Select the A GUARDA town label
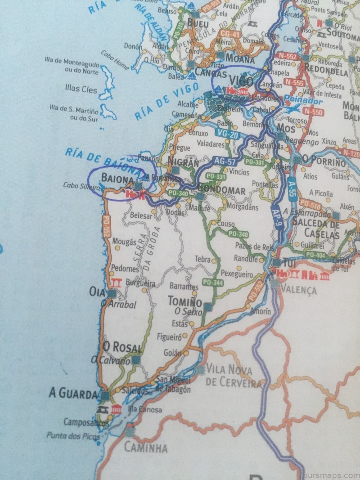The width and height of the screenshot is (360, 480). coord(73,395)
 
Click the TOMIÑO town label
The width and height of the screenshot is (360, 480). coord(185,301)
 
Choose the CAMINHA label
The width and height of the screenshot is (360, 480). coord(145,448)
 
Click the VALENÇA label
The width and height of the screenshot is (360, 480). coord(298,288)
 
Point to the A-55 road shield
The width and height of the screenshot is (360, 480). coord(292,187)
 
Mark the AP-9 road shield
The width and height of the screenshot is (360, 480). coord(277,218)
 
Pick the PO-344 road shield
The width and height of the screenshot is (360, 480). coord(213,283)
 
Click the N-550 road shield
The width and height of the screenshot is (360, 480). coord(313,112)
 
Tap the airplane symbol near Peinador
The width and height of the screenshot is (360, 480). coord(293,108)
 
